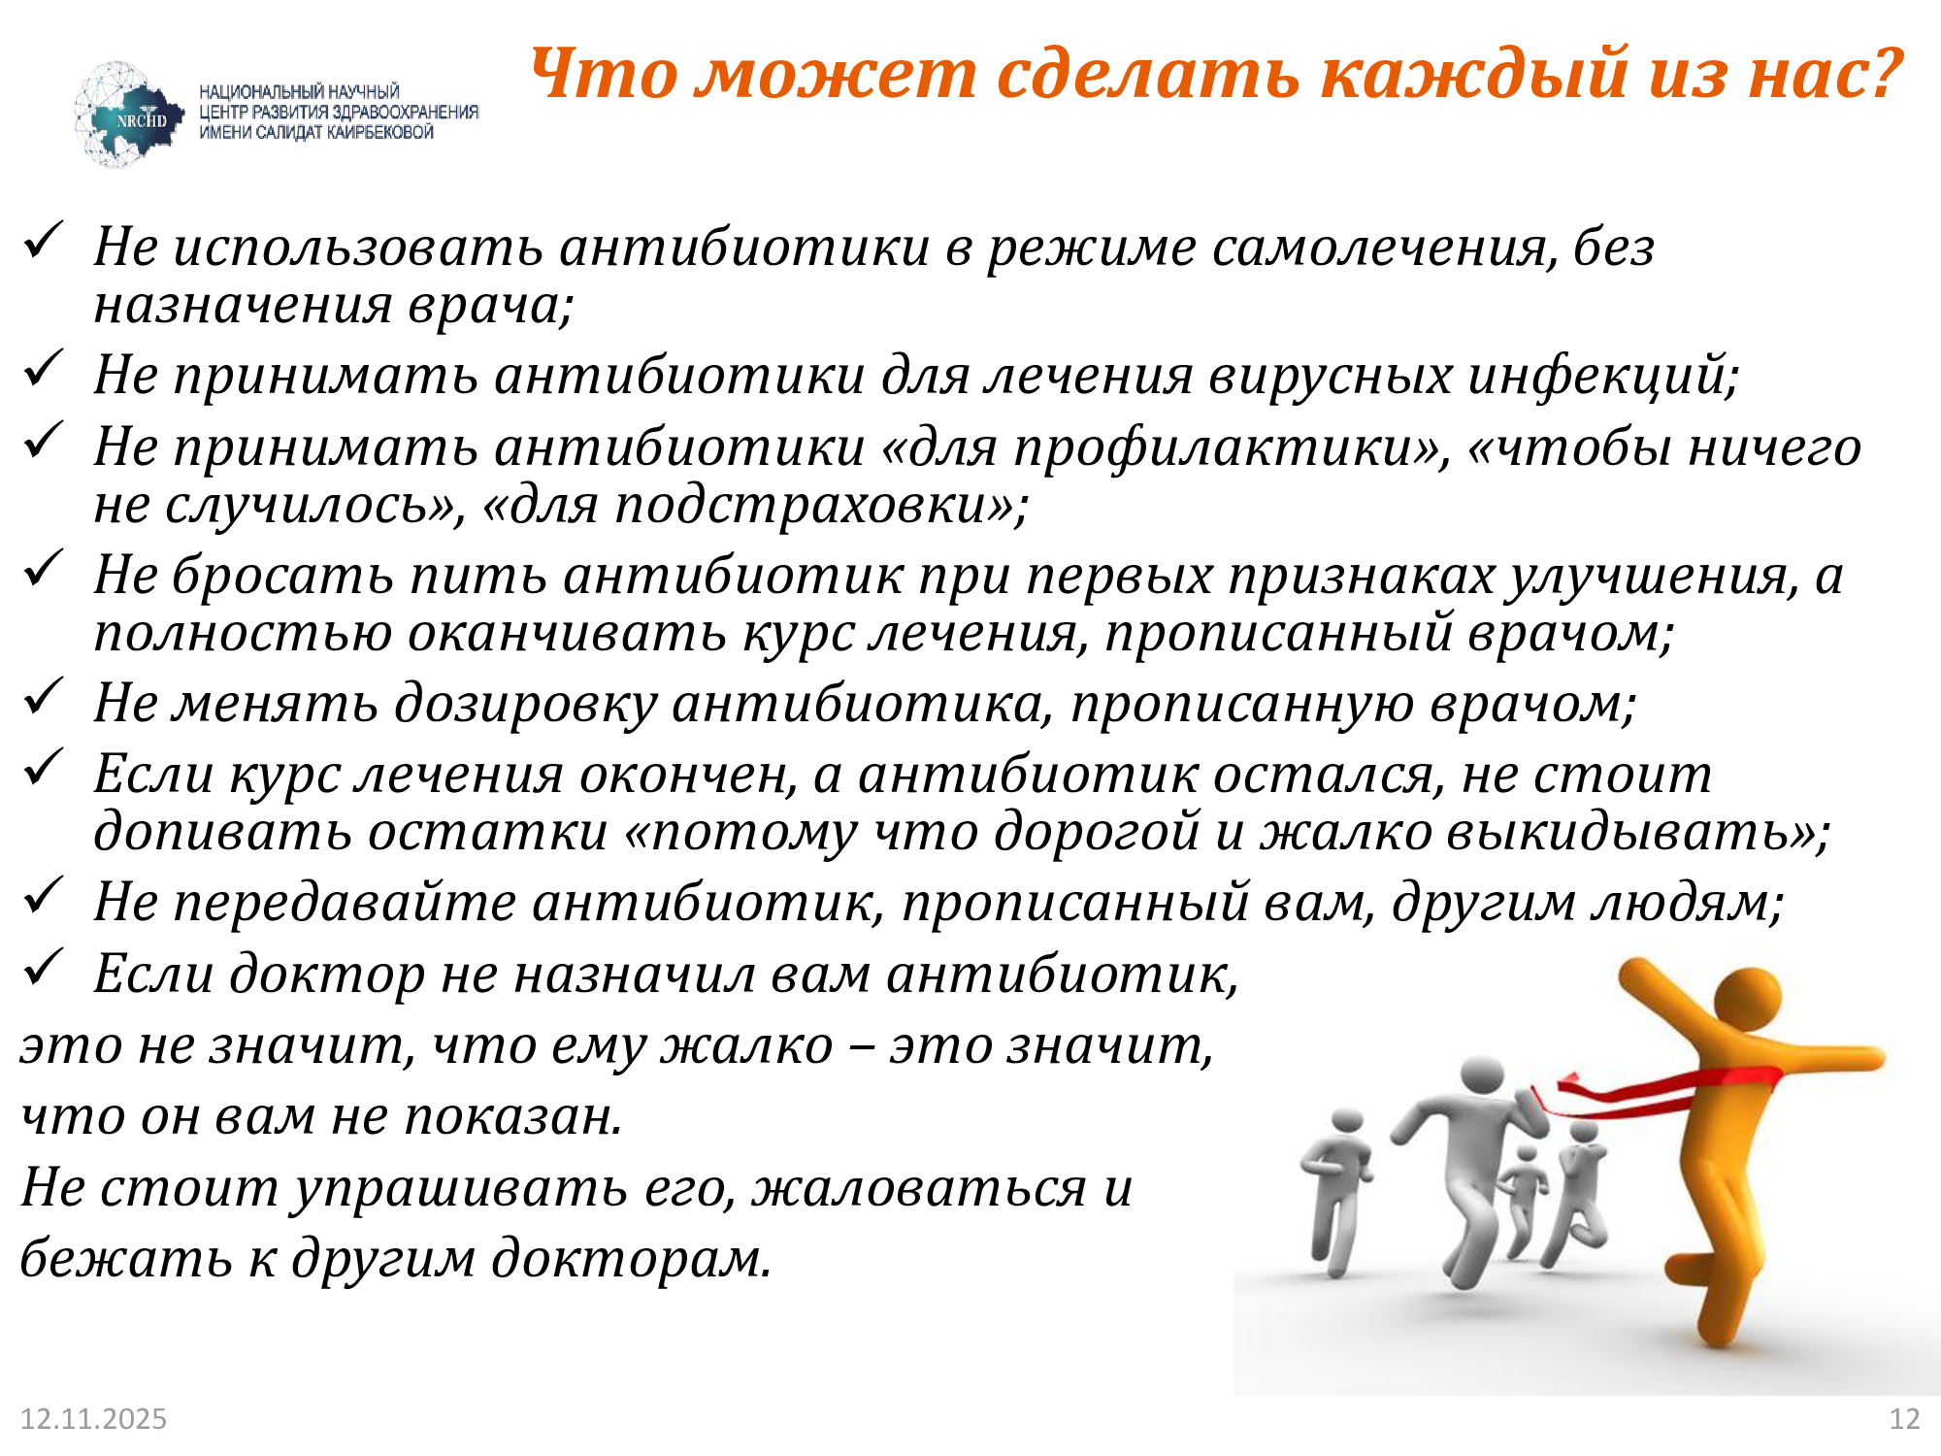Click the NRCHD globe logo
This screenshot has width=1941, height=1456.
[x=126, y=116]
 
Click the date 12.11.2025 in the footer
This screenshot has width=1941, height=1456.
[x=93, y=1419]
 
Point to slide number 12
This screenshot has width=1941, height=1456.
[x=1904, y=1419]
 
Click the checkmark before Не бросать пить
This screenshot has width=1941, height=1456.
[x=43, y=569]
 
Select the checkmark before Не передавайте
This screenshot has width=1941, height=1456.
[x=43, y=895]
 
